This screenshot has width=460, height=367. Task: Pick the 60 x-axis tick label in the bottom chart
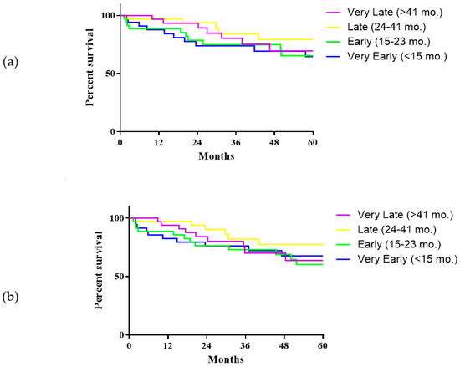click(322, 345)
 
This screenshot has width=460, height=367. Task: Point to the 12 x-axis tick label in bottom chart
click(167, 345)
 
